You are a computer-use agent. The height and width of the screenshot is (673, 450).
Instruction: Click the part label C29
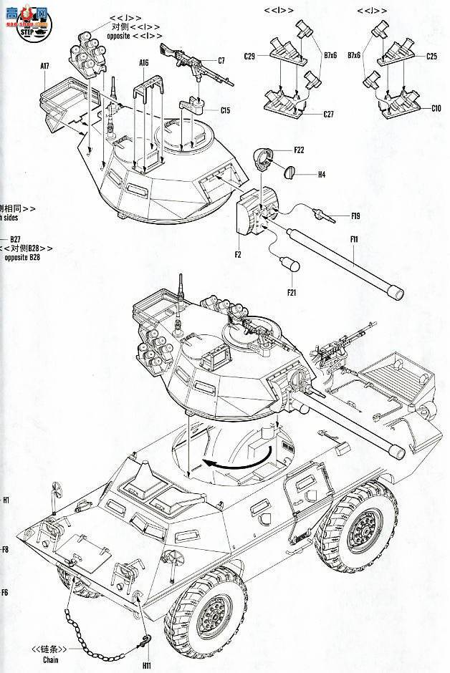coord(249,55)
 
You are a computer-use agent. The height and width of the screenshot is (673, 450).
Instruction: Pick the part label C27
coord(329,114)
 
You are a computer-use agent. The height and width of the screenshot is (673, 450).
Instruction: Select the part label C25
coord(432,55)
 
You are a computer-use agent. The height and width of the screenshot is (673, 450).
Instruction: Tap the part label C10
coord(436,109)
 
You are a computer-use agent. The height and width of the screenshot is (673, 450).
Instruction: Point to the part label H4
coord(321,174)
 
